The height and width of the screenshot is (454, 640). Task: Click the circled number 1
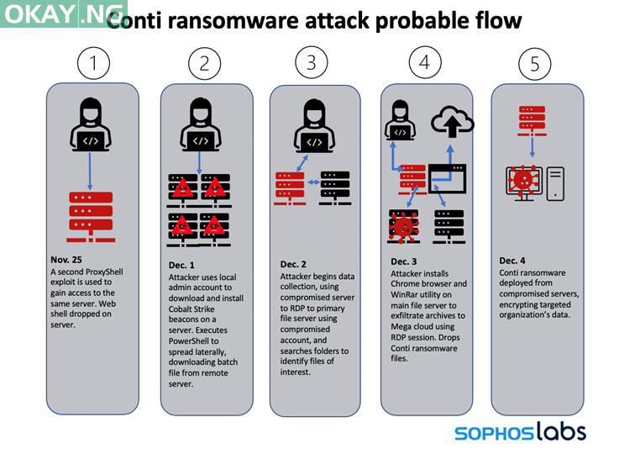(x=93, y=64)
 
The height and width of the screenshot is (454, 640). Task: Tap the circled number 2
(x=204, y=63)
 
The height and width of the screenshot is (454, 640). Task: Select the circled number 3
(x=312, y=62)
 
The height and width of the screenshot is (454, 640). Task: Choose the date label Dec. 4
(x=514, y=261)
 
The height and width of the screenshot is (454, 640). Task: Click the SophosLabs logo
(x=520, y=433)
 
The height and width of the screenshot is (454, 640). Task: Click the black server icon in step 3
(x=335, y=187)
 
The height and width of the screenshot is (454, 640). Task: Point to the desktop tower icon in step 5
(x=556, y=183)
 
